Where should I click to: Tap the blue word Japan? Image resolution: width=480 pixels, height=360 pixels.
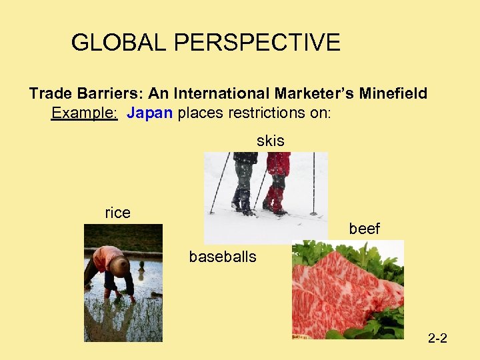point(150,113)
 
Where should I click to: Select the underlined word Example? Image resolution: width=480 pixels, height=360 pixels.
point(85,113)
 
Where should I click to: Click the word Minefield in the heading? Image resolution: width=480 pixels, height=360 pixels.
point(394,93)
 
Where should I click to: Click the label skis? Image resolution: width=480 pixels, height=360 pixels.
point(270,141)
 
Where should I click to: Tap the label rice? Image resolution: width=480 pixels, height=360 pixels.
point(117,213)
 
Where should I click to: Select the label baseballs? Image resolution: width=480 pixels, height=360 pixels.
point(223,257)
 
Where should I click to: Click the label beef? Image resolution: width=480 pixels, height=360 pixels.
point(364,229)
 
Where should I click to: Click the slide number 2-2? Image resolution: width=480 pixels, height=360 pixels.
point(437,339)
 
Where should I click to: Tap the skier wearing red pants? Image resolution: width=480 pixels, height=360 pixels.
point(277,183)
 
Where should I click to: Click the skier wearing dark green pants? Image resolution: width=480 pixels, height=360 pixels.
point(243,183)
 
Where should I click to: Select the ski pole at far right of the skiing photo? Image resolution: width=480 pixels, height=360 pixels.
point(313,183)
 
